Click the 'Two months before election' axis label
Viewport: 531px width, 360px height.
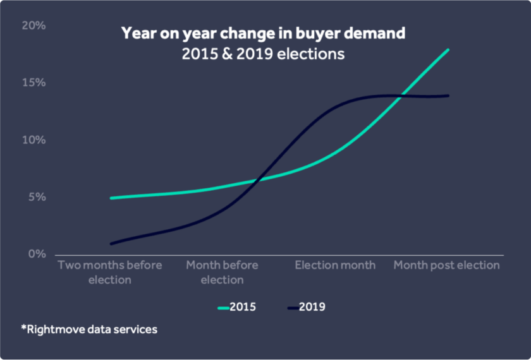[x=110, y=272]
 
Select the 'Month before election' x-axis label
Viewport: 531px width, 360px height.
[x=222, y=272]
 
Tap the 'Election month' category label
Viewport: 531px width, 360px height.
[x=335, y=265]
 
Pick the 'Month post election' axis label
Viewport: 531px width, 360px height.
[x=446, y=265]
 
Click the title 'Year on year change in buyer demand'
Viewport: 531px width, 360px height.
[x=263, y=33]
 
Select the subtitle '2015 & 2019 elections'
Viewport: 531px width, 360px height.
[x=263, y=54]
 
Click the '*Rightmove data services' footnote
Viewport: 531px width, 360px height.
[x=88, y=329]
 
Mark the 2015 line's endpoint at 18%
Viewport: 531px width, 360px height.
[x=448, y=49]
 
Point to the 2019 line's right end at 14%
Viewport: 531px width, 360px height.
[x=448, y=95]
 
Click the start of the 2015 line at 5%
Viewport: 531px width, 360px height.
[x=111, y=198]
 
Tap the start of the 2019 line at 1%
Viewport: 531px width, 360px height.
[x=111, y=244]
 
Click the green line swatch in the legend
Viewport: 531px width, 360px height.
[x=223, y=308]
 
